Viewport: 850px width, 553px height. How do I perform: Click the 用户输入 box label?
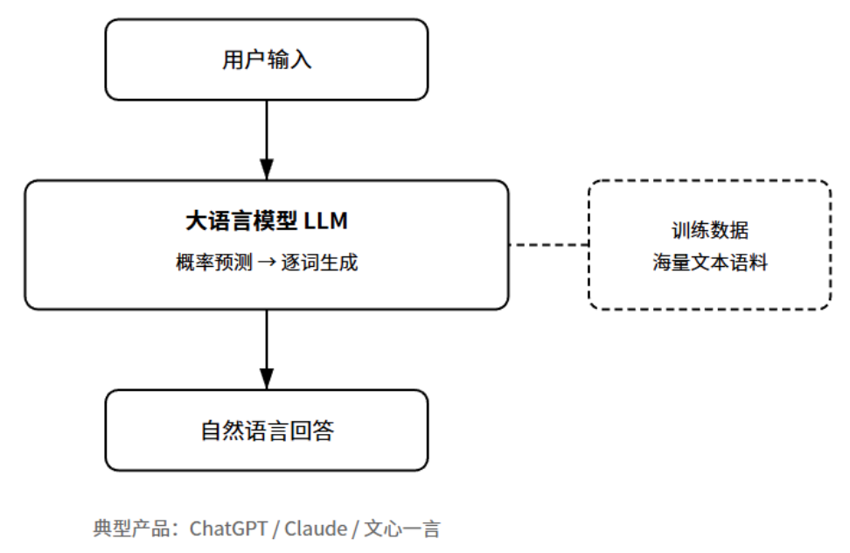point(267,60)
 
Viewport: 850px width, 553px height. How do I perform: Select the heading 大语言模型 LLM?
point(267,221)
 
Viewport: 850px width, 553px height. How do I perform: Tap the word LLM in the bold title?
point(325,221)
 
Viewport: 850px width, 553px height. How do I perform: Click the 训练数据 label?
point(709,231)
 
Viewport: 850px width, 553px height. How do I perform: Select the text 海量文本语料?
point(709,262)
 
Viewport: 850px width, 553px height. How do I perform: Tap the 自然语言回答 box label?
point(267,431)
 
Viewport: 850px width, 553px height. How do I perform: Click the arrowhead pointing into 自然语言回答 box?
point(267,378)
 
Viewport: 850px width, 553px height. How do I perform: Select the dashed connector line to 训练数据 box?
point(548,245)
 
